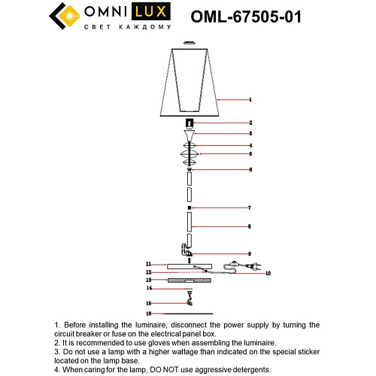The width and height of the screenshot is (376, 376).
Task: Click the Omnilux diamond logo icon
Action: click(63, 17)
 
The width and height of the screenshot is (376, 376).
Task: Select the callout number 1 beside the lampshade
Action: click(250, 99)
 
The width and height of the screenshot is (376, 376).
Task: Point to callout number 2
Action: click(250, 123)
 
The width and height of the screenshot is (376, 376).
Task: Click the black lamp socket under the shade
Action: click(190, 123)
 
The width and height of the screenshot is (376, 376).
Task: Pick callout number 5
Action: click(250, 154)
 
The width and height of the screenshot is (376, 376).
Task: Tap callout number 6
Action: click(250, 170)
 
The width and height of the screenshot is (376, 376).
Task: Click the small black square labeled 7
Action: click(190, 207)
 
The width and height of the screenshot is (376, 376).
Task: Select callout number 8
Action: click(250, 226)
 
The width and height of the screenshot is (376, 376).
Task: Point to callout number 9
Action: click(250, 254)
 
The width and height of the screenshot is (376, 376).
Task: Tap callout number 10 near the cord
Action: click(268, 274)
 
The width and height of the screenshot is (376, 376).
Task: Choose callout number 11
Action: click(149, 264)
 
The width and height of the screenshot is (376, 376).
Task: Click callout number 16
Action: click(149, 313)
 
